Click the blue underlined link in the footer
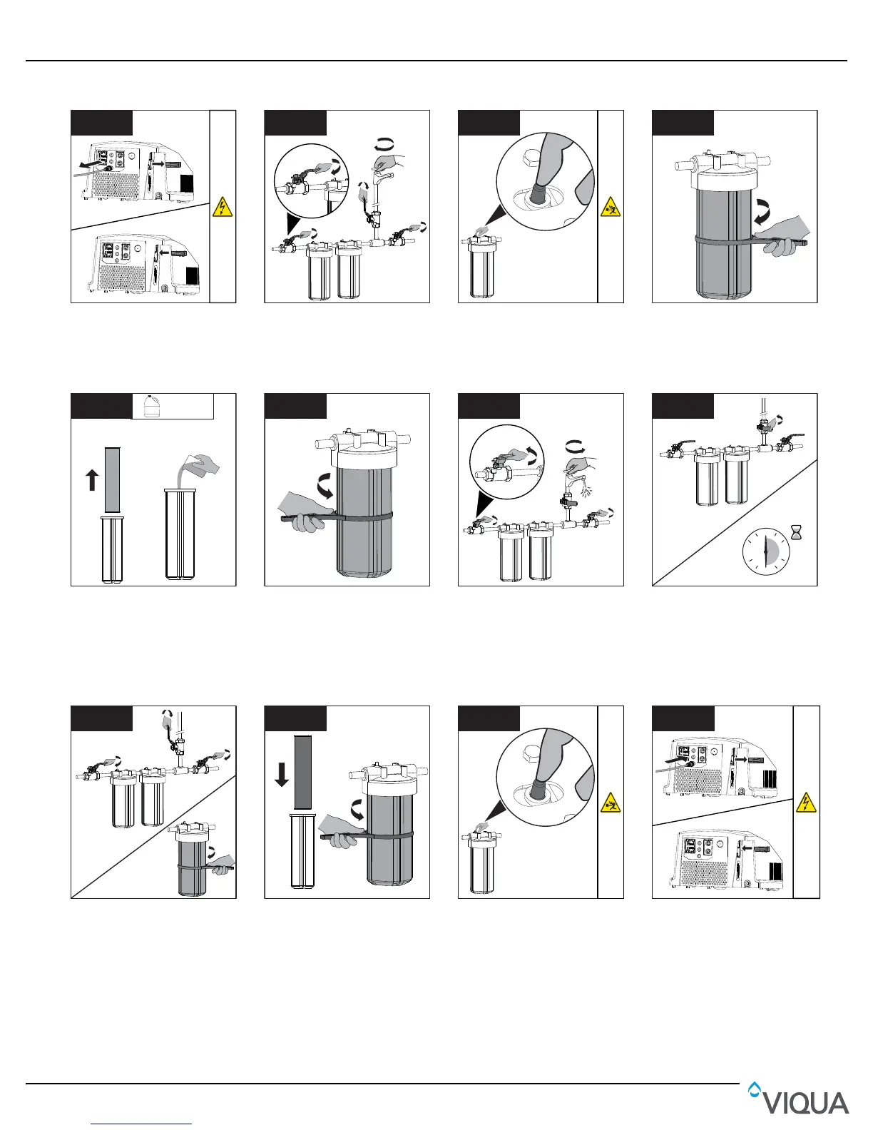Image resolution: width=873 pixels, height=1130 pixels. (x=142, y=1124)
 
